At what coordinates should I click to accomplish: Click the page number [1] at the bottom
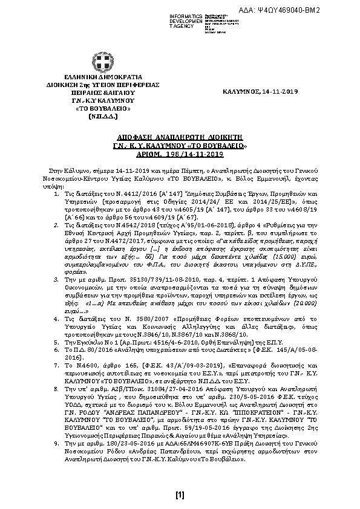[x=180, y=496]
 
